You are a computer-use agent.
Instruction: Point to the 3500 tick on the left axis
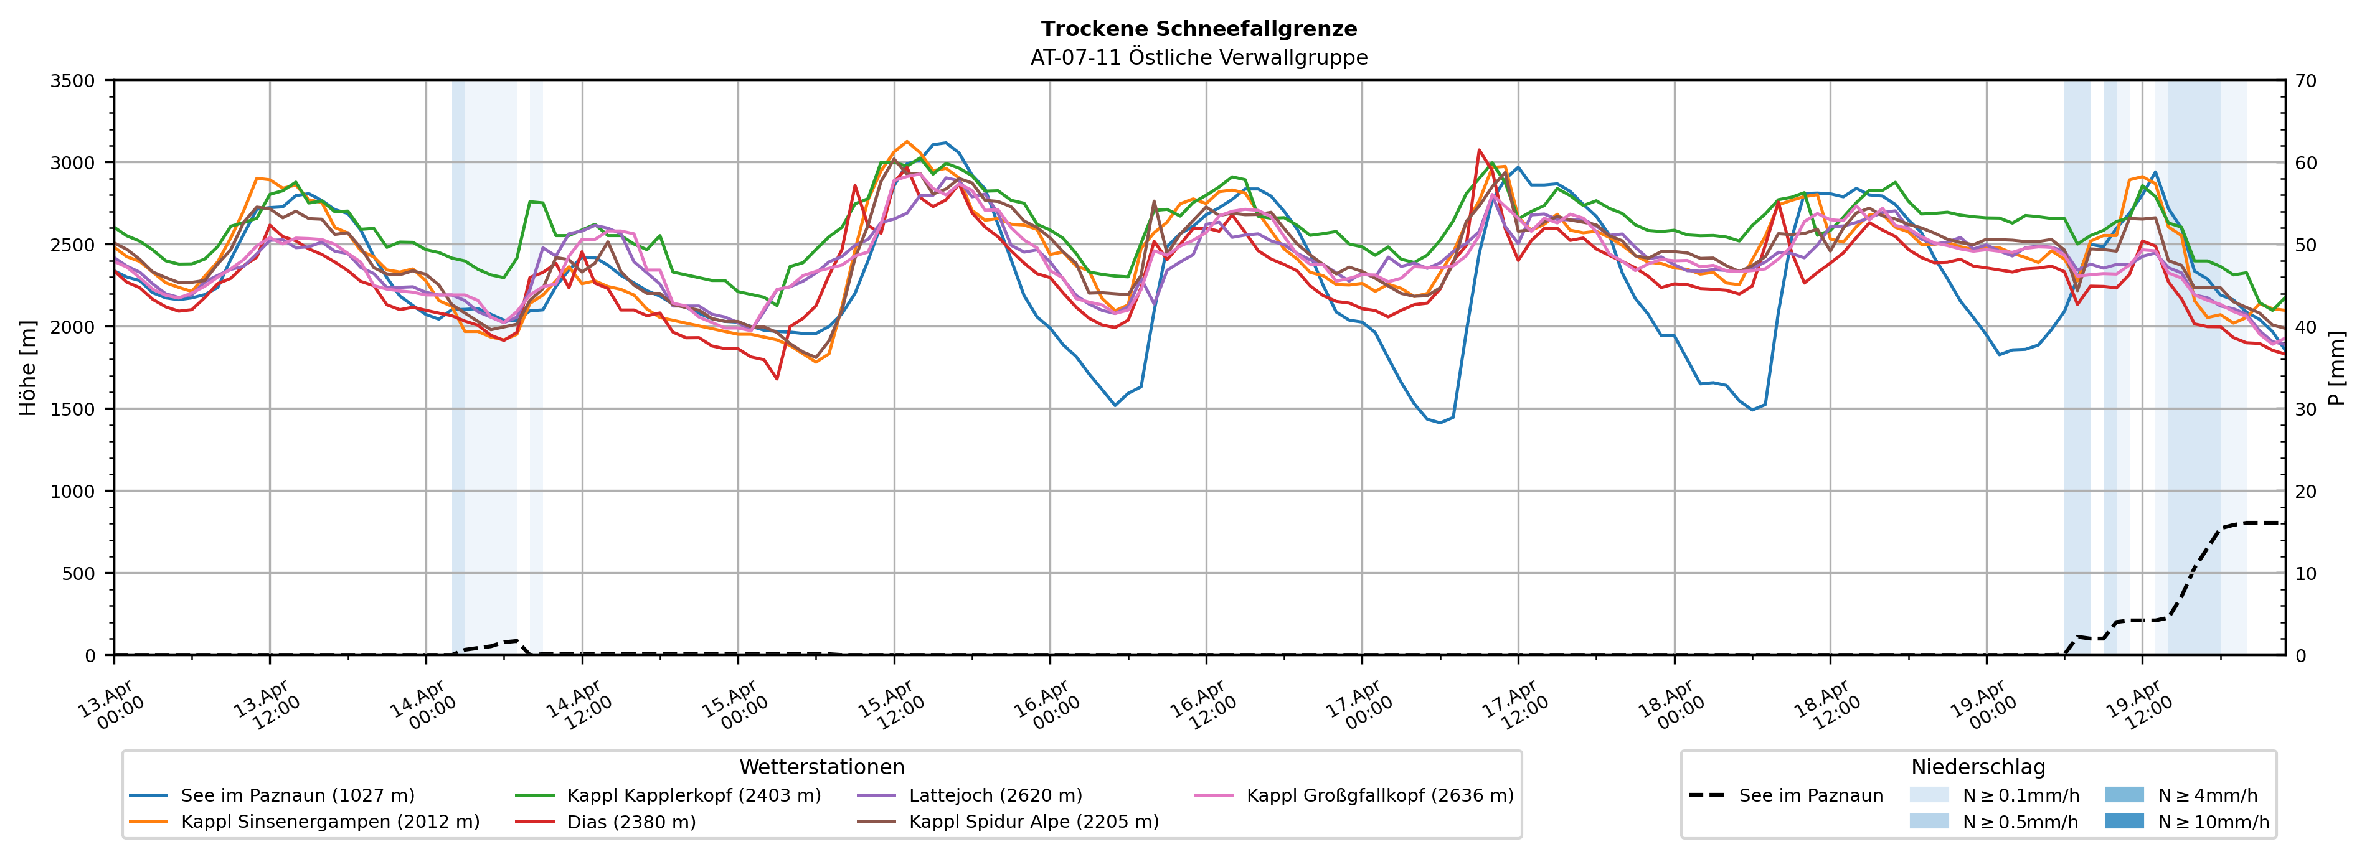pos(72,81)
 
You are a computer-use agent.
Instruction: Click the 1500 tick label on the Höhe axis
pos(72,410)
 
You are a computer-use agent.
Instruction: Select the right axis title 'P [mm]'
pos(2336,367)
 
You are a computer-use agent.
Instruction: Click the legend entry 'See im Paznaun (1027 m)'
pos(297,795)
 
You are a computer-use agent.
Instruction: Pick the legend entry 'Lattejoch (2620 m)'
pos(995,795)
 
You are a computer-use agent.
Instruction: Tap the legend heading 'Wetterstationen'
pos(821,767)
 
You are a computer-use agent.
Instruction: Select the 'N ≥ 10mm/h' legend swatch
pos(2124,821)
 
